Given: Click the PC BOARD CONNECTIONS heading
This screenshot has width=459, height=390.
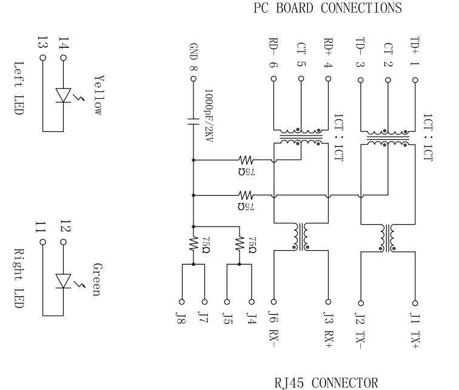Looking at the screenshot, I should pyautogui.click(x=327, y=8).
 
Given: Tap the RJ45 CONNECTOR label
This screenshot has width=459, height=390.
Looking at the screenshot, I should pyautogui.click(x=326, y=383).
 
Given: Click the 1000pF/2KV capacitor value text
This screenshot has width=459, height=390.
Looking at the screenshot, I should pyautogui.click(x=208, y=116).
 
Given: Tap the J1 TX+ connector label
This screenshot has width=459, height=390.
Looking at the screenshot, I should pyautogui.click(x=415, y=331).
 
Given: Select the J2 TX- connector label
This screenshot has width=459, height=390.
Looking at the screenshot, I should pyautogui.click(x=360, y=331).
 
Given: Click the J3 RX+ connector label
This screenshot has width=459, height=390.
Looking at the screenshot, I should pyautogui.click(x=328, y=331).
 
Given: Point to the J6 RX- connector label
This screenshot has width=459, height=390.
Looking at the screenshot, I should pyautogui.click(x=273, y=331).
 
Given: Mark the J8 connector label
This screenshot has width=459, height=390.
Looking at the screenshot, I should pyautogui.click(x=181, y=319).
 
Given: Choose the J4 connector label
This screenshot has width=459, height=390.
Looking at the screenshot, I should pyautogui.click(x=250, y=319).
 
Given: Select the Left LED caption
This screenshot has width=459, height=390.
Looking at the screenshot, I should pyautogui.click(x=18, y=88).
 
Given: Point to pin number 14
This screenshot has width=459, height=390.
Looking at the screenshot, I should pyautogui.click(x=64, y=44).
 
